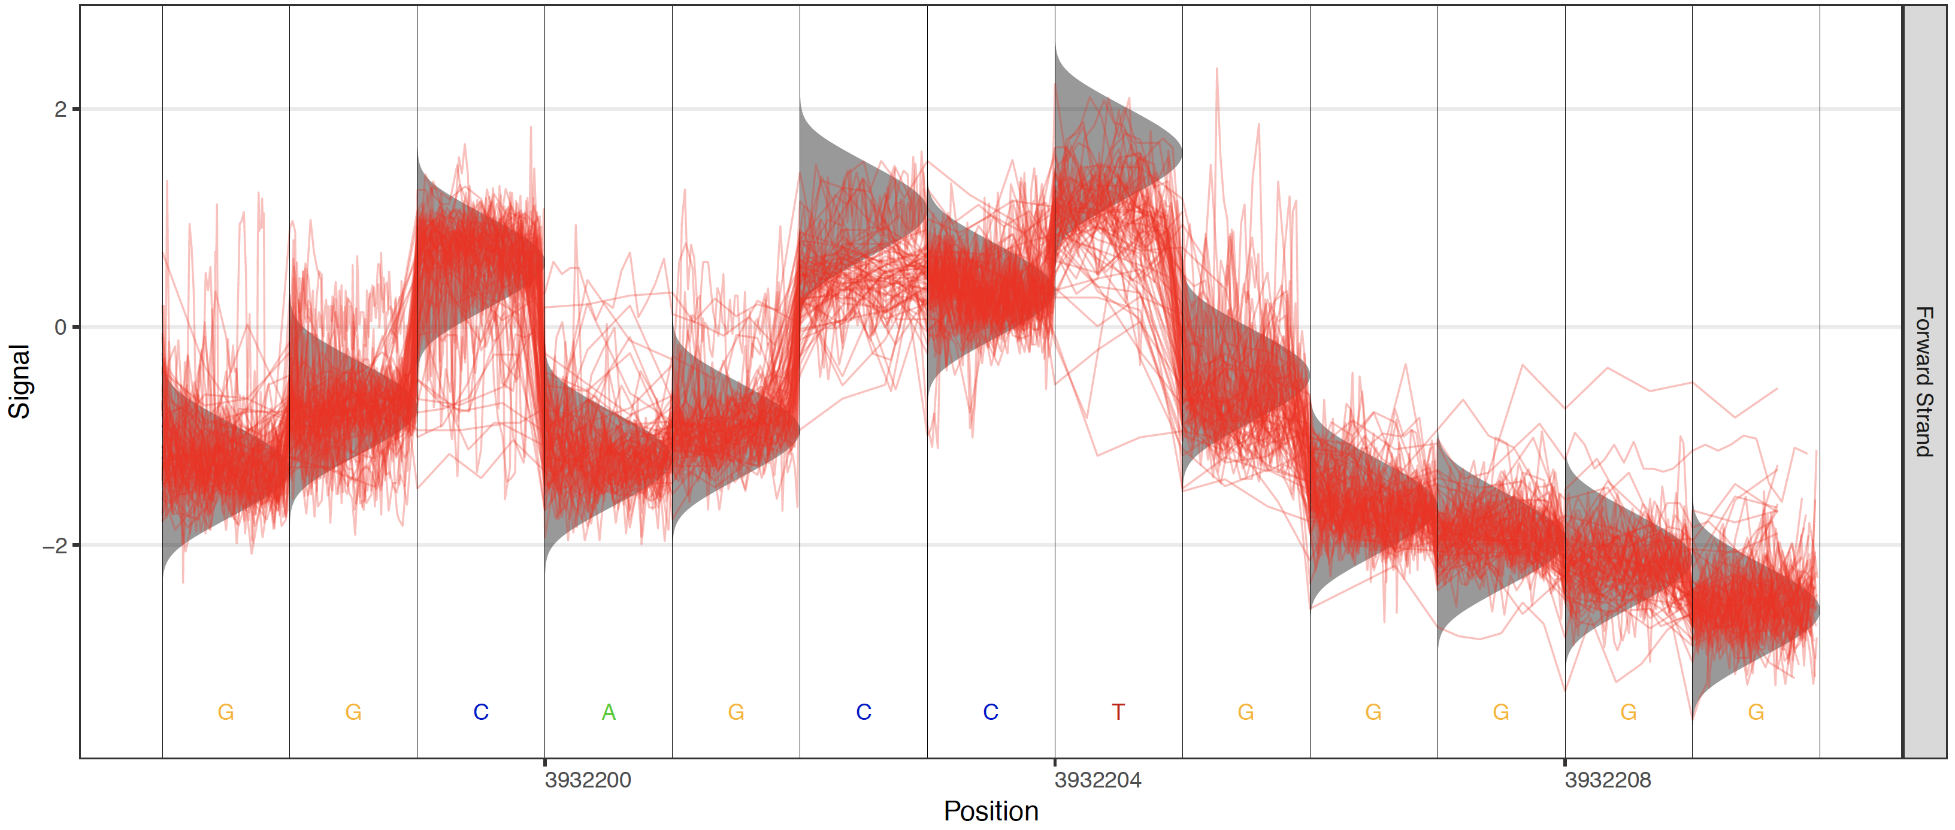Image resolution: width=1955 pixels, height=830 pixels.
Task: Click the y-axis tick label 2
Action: (60, 109)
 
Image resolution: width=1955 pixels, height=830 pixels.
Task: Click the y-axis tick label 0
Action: (60, 327)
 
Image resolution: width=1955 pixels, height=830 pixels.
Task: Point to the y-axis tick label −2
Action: (55, 546)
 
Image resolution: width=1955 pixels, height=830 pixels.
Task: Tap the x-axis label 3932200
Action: (588, 780)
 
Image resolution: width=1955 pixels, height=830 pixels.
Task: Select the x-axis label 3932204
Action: (1097, 780)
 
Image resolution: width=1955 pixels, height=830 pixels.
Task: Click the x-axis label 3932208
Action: (1608, 780)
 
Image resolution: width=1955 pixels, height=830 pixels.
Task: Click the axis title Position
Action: (991, 811)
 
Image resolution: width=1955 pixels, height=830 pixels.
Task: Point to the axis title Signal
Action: (19, 381)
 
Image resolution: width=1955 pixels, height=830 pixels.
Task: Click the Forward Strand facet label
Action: (1924, 381)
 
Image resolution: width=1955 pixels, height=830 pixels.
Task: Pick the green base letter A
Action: (609, 711)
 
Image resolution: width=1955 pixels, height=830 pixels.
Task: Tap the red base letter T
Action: (1118, 711)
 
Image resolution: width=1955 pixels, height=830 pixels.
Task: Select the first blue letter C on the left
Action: (481, 711)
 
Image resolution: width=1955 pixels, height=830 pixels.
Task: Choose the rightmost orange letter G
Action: (1756, 711)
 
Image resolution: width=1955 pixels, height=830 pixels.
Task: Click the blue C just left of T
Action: (991, 711)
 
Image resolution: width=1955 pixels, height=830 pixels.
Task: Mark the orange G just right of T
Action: (1245, 711)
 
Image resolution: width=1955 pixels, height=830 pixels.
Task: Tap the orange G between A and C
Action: (736, 711)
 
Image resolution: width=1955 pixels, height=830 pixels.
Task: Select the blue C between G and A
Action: (481, 711)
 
